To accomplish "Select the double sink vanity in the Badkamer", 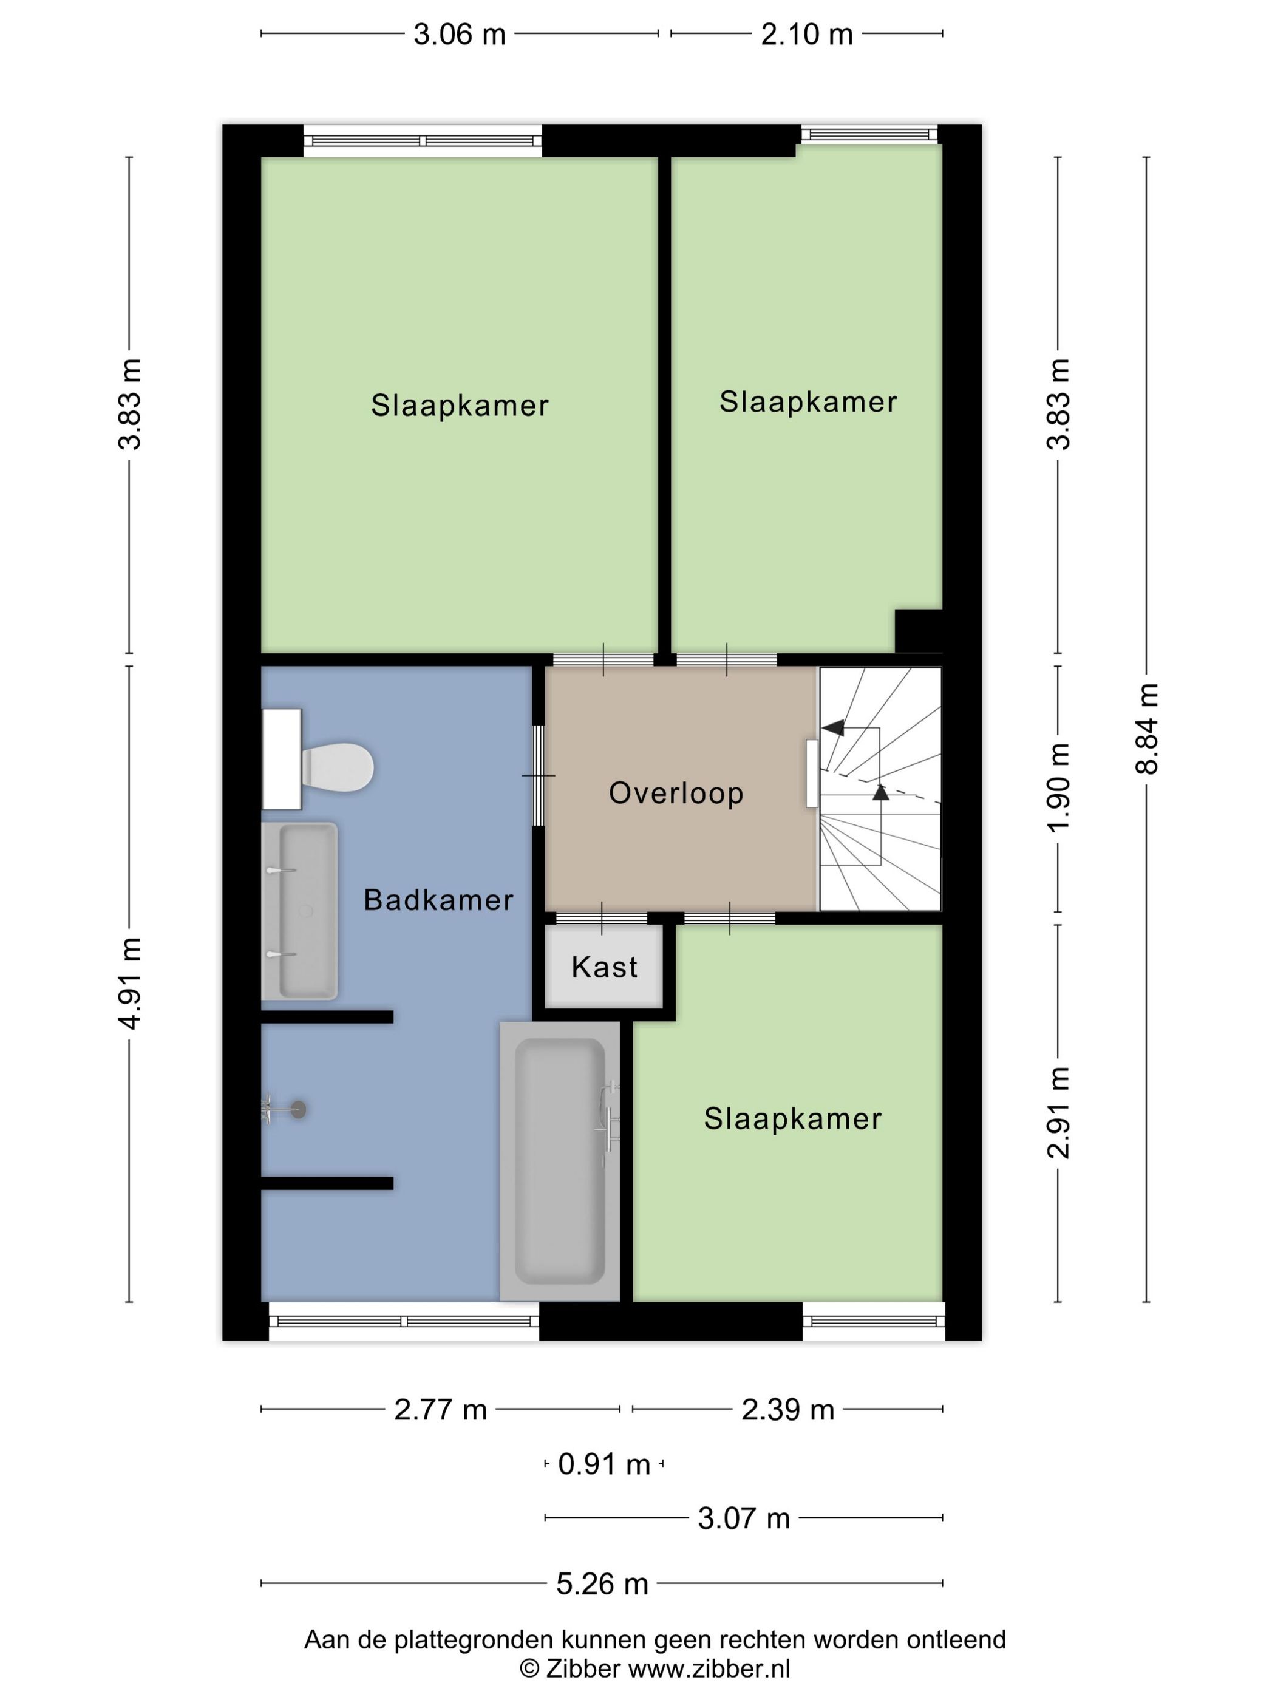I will pos(300,911).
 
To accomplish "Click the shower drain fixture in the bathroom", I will pos(297,1110).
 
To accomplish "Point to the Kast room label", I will pos(604,967).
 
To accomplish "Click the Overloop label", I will pos(676,793).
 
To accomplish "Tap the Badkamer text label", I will pos(438,900).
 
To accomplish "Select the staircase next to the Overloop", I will pos(879,789).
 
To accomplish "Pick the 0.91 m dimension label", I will pos(604,1464).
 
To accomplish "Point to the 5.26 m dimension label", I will pos(602,1584).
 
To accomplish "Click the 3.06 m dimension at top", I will pos(459,35).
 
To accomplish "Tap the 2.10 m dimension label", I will pos(806,35).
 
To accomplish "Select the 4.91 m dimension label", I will pos(129,983).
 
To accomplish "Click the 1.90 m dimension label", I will pos(1058,787).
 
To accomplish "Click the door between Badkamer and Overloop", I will pos(539,775).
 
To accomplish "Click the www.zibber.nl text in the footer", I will pos(709,1668).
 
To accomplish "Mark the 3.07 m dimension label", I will pos(743,1518).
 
